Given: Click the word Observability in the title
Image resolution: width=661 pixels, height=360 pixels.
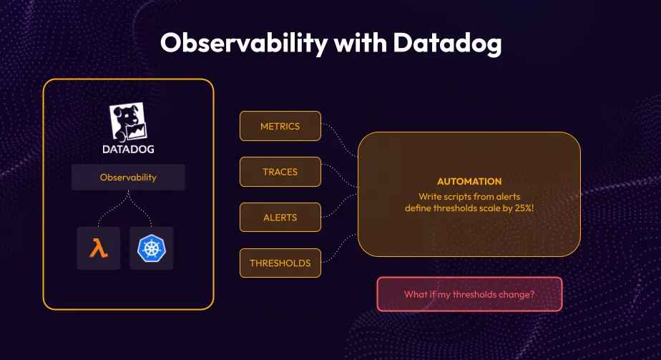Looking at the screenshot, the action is point(237,43).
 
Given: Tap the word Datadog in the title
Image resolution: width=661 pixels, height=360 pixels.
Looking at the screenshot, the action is point(447,43).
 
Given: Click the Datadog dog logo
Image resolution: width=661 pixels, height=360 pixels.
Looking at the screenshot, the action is point(128,122).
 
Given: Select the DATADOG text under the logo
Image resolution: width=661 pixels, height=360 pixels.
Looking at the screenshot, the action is point(128,150).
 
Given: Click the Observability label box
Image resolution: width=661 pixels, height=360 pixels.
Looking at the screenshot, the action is point(128,177).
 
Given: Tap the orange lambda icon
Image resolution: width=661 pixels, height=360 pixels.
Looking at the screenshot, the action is point(99,248).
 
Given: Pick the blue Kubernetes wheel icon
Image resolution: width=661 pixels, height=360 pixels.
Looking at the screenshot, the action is point(152,248).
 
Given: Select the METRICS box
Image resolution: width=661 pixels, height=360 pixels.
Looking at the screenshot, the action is point(280,126).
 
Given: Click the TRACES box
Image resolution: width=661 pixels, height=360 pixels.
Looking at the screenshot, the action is point(280,172).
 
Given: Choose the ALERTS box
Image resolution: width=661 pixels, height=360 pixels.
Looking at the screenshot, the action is point(280,217).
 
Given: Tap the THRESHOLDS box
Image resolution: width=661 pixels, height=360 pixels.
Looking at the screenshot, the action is point(280,263).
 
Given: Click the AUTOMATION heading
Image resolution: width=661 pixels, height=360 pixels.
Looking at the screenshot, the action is point(469,182).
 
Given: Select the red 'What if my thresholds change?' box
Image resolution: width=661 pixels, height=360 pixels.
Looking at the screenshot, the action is point(469,294).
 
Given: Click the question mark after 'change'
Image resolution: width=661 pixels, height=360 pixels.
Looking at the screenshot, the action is point(532,294).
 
